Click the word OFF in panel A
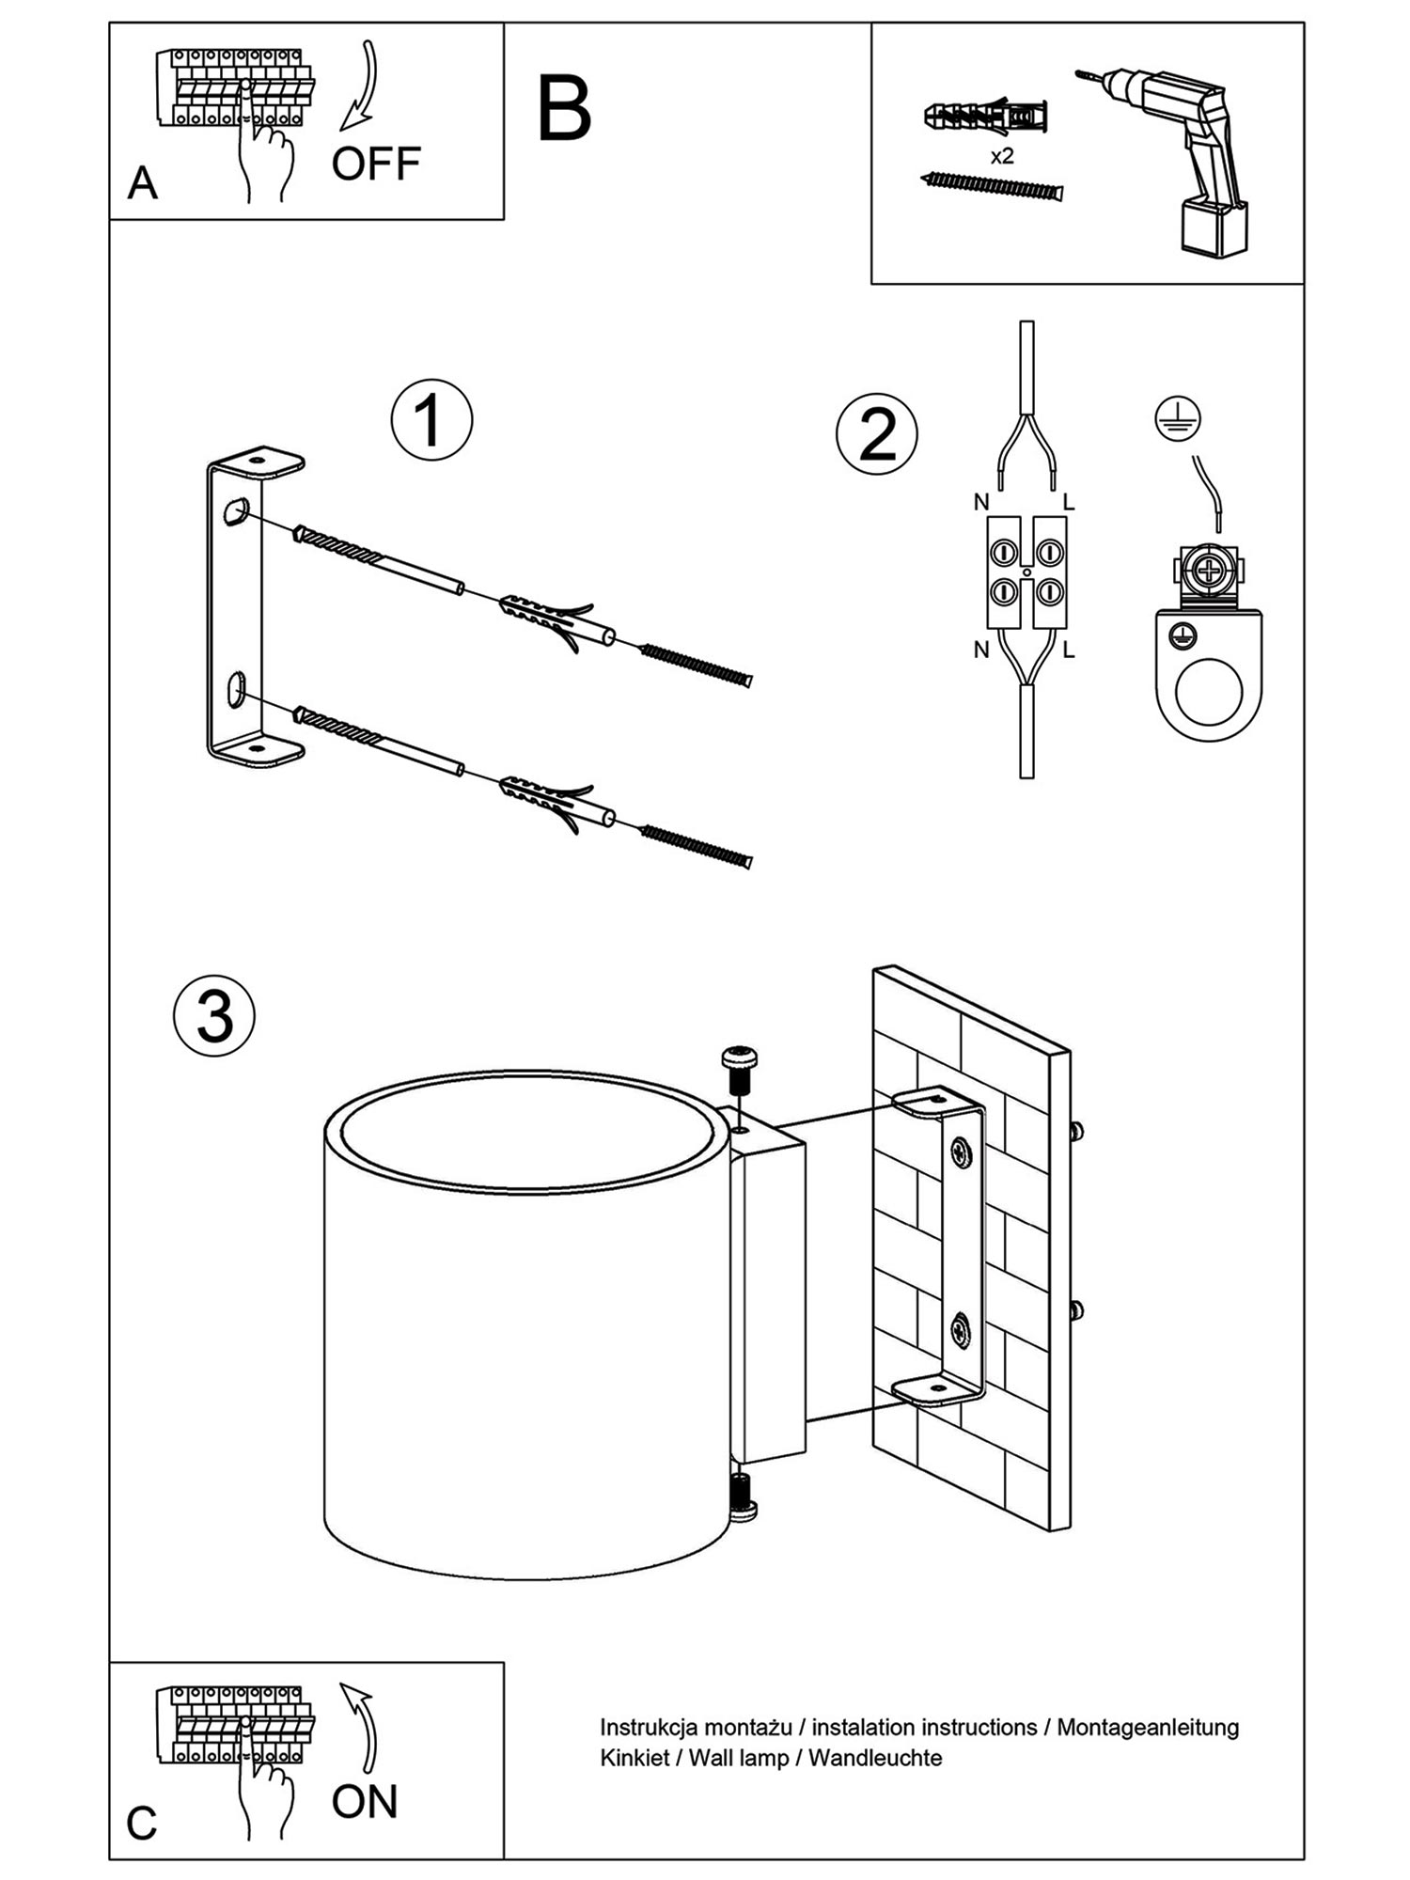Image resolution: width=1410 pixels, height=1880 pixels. [x=375, y=164]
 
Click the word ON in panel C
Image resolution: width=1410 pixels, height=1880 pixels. [x=364, y=1802]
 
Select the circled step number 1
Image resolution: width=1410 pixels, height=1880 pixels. [x=431, y=420]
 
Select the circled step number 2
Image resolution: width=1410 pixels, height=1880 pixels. [x=877, y=434]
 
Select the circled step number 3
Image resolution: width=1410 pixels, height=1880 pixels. [x=214, y=1016]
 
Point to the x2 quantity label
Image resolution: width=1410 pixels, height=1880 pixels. [x=1002, y=156]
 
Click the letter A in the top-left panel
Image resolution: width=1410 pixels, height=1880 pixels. [x=142, y=183]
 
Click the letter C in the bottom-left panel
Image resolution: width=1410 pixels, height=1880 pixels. [x=141, y=1824]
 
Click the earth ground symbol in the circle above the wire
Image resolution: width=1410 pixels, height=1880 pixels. [x=1178, y=419]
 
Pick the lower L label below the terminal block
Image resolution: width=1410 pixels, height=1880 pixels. [x=1069, y=650]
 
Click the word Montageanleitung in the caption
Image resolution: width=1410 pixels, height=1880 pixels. [x=1148, y=1727]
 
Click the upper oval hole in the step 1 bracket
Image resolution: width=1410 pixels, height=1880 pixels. [x=235, y=511]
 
